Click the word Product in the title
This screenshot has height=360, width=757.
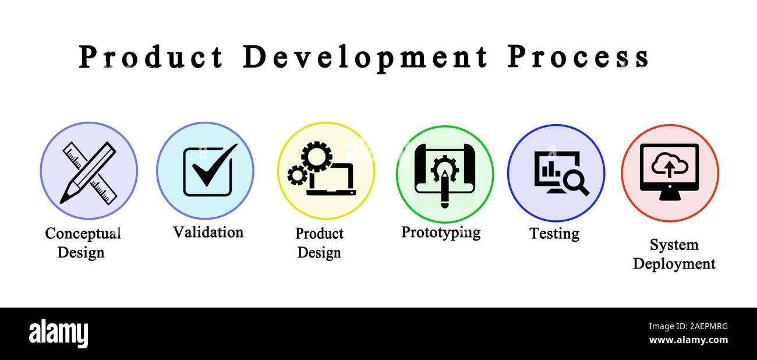[151, 58]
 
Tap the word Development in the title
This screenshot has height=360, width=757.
[365, 58]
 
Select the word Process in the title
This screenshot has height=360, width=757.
[578, 58]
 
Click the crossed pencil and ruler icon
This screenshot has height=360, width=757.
[89, 172]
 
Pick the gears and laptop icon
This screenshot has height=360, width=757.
[321, 170]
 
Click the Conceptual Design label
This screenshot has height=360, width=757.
[82, 243]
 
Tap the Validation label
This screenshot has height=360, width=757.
[208, 232]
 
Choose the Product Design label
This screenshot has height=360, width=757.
[319, 243]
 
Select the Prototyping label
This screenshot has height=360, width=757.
[441, 232]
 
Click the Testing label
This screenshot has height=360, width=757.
[554, 234]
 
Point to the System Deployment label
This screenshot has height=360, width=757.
[674, 254]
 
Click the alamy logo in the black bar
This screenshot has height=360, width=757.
[58, 333]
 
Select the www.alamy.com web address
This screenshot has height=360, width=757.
[688, 340]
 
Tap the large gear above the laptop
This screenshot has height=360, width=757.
[316, 156]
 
